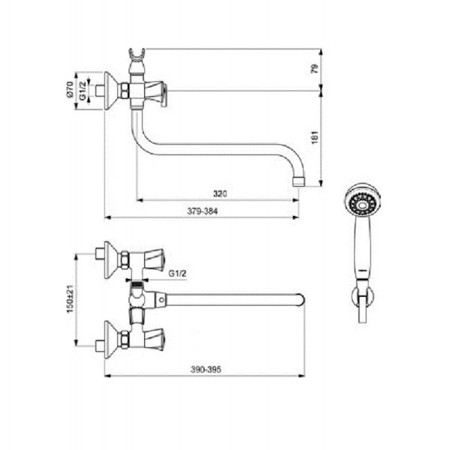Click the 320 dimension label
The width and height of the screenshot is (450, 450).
[220, 193]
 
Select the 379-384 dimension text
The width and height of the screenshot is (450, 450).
[202, 211]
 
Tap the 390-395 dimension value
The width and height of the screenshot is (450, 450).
[206, 370]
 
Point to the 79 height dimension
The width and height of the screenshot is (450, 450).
[315, 69]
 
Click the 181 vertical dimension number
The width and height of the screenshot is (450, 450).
[315, 137]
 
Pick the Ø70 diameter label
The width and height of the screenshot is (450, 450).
[70, 89]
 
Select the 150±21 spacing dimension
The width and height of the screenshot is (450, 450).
[70, 299]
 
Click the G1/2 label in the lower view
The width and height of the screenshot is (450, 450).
[177, 273]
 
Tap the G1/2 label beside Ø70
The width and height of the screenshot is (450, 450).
[83, 91]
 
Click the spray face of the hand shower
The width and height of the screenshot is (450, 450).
[362, 204]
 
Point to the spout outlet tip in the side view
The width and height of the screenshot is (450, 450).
[299, 182]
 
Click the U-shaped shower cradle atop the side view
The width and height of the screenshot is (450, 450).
[137, 55]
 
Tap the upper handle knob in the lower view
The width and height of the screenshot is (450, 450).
[154, 259]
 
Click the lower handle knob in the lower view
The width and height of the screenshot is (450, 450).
[154, 339]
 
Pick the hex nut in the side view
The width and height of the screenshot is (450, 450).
[125, 91]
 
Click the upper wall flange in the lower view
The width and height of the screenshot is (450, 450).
[111, 260]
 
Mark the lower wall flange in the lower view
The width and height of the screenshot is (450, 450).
[111, 340]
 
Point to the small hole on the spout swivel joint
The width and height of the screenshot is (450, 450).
[161, 300]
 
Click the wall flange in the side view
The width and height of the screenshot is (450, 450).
[111, 91]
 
